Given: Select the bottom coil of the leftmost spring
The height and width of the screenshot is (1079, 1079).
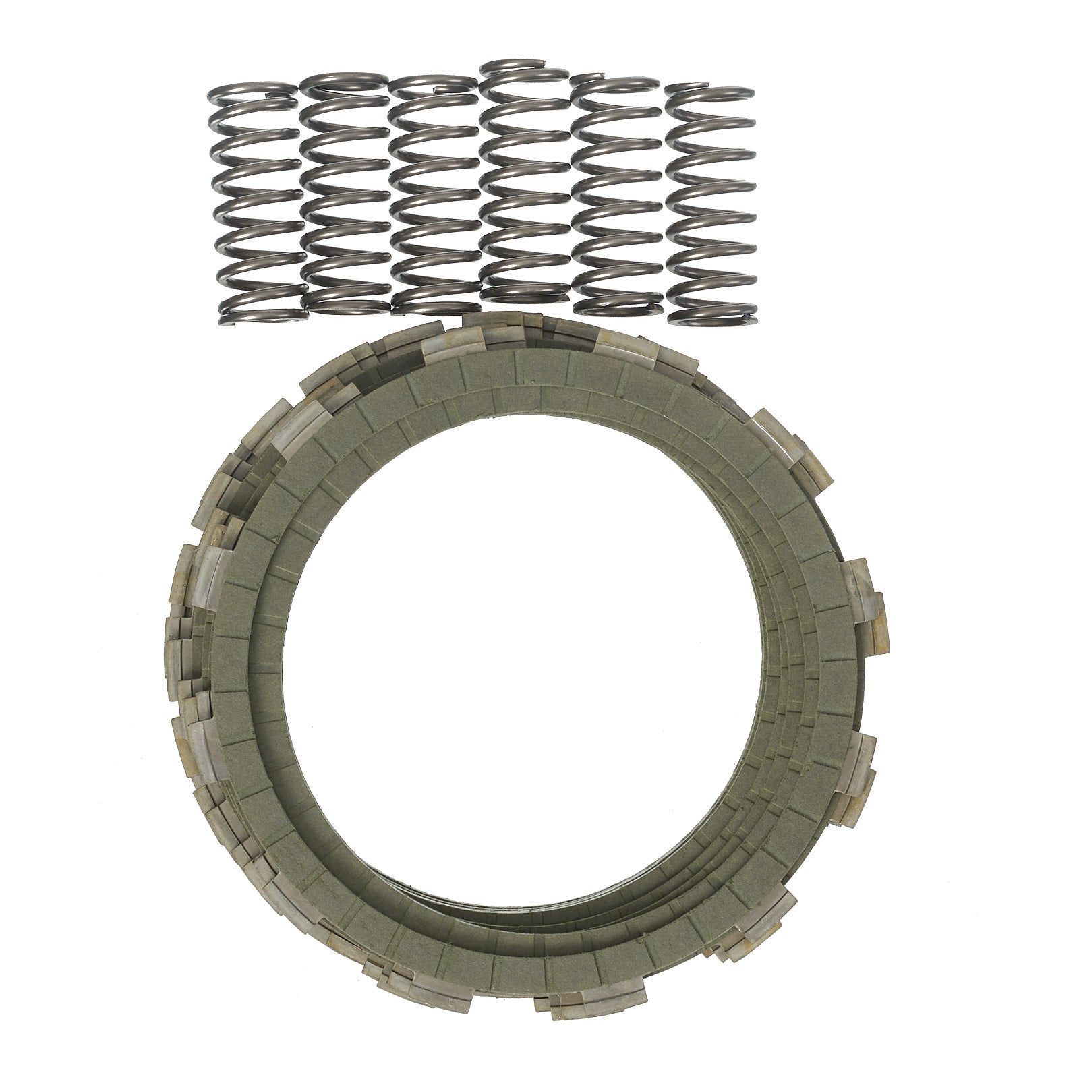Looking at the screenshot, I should [x=260, y=312].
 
